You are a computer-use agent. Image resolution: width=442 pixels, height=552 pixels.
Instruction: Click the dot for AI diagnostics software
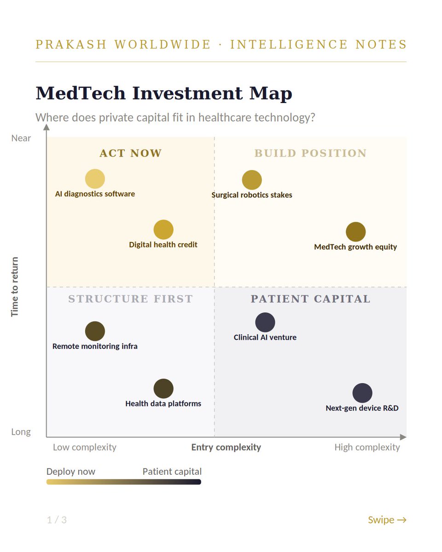click(x=95, y=178)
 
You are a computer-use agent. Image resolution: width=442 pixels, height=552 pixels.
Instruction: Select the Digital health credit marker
click(x=163, y=230)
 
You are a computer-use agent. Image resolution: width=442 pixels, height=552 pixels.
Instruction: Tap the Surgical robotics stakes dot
click(x=252, y=180)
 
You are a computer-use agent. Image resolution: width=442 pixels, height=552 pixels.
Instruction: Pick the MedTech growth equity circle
click(x=355, y=232)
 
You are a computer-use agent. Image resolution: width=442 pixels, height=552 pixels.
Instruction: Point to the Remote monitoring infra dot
click(x=95, y=331)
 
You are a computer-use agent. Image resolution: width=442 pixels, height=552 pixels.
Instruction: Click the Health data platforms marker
click(x=163, y=389)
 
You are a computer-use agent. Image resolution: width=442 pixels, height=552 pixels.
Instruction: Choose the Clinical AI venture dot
click(x=265, y=322)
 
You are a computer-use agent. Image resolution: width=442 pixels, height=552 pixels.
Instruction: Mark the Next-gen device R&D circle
click(x=362, y=393)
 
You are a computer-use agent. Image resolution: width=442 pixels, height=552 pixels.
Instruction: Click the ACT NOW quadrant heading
click(x=130, y=153)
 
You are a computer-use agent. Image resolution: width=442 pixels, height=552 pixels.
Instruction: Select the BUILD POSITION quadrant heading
click(x=310, y=153)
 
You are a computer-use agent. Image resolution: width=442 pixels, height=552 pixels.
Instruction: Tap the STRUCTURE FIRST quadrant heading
click(x=130, y=299)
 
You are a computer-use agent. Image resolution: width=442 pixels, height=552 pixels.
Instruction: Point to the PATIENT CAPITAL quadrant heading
click(x=310, y=299)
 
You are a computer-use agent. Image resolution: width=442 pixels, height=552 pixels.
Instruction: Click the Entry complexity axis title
click(x=226, y=447)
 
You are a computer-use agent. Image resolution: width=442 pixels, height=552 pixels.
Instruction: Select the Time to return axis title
click(x=15, y=287)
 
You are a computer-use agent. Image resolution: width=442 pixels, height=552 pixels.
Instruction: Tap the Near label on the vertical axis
click(x=21, y=138)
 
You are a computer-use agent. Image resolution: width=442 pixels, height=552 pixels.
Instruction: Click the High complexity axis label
click(x=367, y=447)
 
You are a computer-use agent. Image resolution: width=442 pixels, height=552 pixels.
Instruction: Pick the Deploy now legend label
click(x=70, y=471)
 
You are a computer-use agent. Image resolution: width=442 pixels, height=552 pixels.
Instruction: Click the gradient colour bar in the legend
click(x=123, y=482)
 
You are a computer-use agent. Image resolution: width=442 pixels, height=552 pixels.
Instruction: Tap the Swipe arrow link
click(x=387, y=520)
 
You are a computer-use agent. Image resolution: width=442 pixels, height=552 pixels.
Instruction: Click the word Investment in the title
click(x=187, y=93)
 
